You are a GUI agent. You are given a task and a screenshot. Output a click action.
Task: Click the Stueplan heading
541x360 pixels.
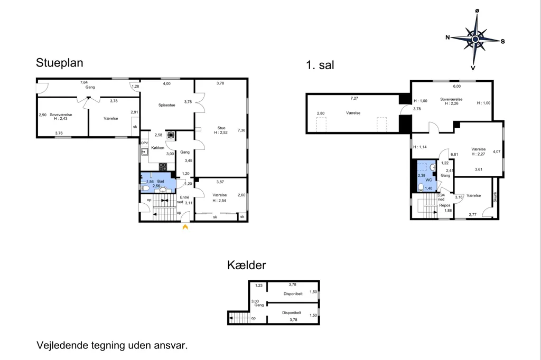point(59,63)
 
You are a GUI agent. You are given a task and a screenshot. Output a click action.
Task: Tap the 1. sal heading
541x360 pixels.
point(320,65)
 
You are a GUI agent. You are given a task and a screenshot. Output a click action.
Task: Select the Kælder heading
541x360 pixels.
point(247,265)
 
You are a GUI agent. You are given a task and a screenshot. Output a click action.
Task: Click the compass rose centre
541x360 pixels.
point(475,39)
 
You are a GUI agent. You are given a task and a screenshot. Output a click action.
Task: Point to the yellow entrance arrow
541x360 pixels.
point(185,227)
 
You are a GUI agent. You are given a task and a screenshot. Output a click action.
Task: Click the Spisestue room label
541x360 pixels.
point(166,105)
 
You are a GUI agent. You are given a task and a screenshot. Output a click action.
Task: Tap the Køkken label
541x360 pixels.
point(157,148)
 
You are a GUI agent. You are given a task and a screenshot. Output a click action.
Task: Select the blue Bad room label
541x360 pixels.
point(161,182)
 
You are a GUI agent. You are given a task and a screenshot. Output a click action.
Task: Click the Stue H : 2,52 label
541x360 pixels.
point(221,130)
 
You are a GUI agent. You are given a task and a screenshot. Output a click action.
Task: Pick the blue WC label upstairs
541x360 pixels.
point(428,180)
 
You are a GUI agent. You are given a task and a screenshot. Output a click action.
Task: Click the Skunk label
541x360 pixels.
point(495,197)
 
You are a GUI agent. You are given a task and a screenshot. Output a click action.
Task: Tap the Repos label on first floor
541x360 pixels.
point(445,205)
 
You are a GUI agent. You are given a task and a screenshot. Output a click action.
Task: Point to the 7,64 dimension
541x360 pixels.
point(84,82)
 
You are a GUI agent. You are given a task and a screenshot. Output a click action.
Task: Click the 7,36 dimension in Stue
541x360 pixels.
point(241,130)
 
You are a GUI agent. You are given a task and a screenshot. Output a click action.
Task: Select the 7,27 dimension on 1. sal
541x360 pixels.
point(355,98)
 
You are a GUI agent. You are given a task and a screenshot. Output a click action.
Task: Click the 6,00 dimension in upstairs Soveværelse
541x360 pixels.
point(457,86)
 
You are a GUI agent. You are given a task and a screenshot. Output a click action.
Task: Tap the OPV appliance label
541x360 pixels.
point(144,143)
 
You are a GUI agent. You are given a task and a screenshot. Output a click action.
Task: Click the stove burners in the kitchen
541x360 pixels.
point(163,167)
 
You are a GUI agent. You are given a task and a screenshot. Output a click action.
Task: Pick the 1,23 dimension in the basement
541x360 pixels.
point(259,286)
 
